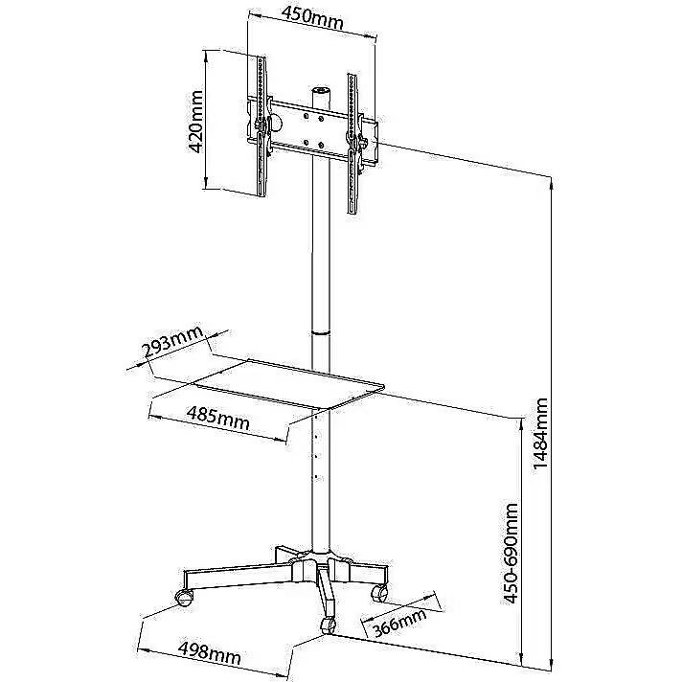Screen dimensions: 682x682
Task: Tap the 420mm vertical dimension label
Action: click(195, 122)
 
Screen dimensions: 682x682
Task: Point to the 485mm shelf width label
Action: click(218, 417)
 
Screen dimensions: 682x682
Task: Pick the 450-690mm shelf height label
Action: click(511, 554)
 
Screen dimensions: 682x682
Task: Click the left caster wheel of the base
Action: click(184, 597)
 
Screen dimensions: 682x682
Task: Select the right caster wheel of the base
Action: click(379, 592)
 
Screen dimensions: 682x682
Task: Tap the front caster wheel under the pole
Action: click(328, 625)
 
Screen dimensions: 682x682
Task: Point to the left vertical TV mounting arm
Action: click(261, 126)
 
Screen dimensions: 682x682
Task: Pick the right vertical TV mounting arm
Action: click(353, 145)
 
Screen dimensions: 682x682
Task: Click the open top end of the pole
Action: click(321, 91)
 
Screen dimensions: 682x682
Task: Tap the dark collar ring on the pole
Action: click(321, 332)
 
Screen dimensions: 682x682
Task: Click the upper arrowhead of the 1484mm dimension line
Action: click(552, 186)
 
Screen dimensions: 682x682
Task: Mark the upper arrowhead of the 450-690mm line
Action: click(522, 422)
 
